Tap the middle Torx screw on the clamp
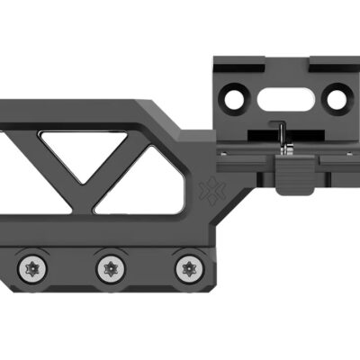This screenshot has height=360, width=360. [x=109, y=266]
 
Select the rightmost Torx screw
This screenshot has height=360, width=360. [x=187, y=266]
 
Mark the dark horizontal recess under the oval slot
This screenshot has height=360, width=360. [x=286, y=134]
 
